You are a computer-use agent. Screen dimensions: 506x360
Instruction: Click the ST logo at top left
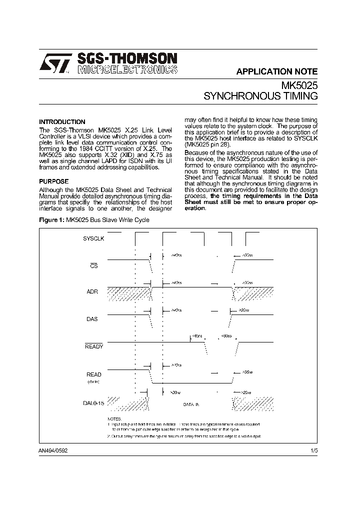point(55,64)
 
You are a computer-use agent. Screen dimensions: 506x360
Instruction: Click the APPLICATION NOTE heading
point(276,71)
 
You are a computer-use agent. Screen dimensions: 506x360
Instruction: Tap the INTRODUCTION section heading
point(62,122)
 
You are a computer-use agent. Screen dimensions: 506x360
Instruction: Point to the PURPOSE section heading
point(53,181)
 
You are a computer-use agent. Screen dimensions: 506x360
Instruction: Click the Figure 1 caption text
point(94,220)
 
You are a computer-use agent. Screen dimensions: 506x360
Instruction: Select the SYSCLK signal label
point(93,239)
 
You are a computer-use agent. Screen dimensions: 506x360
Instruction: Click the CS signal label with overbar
point(93,266)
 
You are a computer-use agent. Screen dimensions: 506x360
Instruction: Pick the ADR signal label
point(92,291)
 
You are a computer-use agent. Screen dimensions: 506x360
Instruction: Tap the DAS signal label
point(92,318)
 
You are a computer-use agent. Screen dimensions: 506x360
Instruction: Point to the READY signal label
point(93,346)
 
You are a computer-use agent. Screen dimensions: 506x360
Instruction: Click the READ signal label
point(93,374)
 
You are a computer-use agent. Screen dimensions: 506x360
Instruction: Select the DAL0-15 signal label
point(93,402)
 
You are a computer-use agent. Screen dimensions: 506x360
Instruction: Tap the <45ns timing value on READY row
point(197,336)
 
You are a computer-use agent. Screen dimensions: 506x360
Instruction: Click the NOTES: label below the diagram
point(114,418)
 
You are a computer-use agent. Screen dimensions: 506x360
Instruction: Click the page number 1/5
point(313,450)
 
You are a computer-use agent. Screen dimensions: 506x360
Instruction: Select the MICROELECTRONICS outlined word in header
point(127,69)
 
